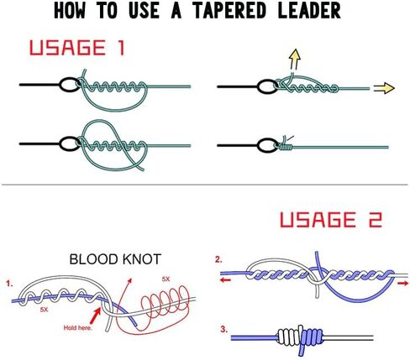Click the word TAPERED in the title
tap(229, 11)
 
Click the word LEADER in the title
tap(309, 11)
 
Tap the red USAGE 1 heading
tap(76, 48)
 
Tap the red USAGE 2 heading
tap(331, 220)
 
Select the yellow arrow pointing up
tap(295, 60)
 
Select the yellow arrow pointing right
tap(384, 88)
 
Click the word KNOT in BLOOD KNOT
tap(142, 259)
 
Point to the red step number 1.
tap(10, 284)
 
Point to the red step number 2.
tap(218, 259)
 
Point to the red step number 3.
tap(223, 330)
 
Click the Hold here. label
tap(77, 327)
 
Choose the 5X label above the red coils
tap(166, 279)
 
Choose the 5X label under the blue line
tap(44, 310)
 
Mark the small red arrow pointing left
tap(225, 280)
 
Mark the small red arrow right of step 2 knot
tap(402, 284)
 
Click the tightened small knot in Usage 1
tap(286, 145)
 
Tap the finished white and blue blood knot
tap(300, 337)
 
